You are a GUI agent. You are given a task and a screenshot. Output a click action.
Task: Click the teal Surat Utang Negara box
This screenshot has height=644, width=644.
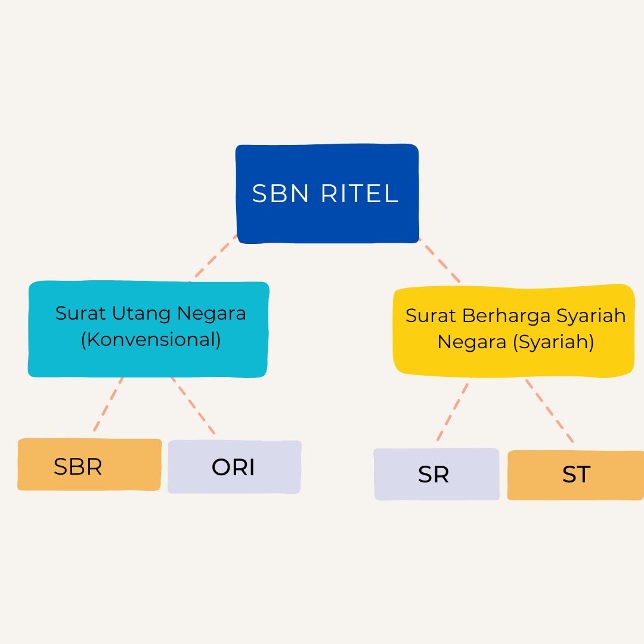pyautogui.click(x=148, y=358)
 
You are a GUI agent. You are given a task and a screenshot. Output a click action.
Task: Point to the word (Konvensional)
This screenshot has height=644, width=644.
pyautogui.click(x=151, y=339)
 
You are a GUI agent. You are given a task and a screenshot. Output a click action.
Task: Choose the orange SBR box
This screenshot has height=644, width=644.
pyautogui.click(x=89, y=465)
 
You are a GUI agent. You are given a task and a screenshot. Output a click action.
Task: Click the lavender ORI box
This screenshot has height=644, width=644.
pyautogui.click(x=234, y=467)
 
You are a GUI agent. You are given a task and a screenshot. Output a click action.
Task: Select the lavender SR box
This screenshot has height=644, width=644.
pyautogui.click(x=436, y=475)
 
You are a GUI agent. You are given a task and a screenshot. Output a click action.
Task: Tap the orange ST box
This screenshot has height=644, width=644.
pyautogui.click(x=575, y=475)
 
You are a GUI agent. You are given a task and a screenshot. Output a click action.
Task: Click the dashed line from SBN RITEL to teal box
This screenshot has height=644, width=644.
pyautogui.click(x=213, y=258)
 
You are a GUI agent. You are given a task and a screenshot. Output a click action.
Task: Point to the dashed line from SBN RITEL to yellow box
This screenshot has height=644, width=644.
pyautogui.click(x=439, y=261)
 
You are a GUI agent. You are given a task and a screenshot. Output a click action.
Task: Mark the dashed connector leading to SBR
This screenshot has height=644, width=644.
pyautogui.click(x=109, y=404)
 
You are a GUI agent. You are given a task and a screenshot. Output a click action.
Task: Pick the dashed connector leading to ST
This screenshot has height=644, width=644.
pyautogui.click(x=549, y=411)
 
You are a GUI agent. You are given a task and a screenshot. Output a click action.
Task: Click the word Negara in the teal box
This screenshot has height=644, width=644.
pyautogui.click(x=216, y=313)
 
